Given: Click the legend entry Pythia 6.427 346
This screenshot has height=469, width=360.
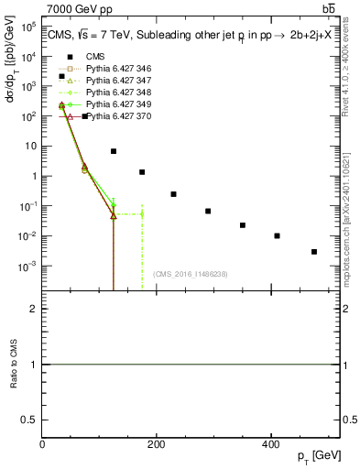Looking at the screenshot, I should click(x=117, y=69).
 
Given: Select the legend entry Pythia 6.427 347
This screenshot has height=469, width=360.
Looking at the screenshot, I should click(x=117, y=81).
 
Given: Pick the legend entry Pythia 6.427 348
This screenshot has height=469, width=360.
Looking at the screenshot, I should click(x=117, y=93).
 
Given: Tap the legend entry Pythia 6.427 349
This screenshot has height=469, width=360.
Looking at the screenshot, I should click(x=117, y=104).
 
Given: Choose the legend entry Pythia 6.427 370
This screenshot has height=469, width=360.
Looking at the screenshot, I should click(x=117, y=116).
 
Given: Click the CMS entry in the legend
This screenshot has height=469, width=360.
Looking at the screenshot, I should click(x=95, y=57).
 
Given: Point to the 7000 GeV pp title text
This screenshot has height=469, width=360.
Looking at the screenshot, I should click(x=80, y=9).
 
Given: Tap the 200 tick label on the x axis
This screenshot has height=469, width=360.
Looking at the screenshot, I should click(x=157, y=444).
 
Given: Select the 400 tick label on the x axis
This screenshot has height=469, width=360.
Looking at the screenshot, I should click(x=270, y=444).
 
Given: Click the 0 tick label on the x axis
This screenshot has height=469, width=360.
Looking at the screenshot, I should click(x=43, y=444).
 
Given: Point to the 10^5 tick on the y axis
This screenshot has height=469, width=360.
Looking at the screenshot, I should click(x=27, y=27).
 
